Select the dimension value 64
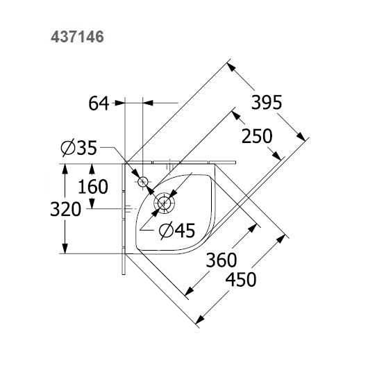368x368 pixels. tap(99, 103)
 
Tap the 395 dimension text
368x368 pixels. tap(266, 103)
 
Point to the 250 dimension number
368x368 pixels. tap(256, 136)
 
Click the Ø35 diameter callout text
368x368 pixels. tap(78, 149)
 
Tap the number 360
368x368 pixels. tap(222, 260)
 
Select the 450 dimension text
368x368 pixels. tap(240, 280)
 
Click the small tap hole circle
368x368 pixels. tap(143, 182)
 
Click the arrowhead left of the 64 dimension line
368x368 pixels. tap(120, 103)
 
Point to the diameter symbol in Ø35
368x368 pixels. tap(67, 149)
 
